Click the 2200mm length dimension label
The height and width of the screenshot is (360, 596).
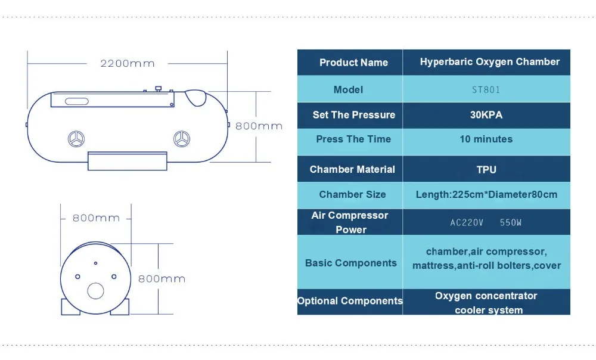(x=127, y=63)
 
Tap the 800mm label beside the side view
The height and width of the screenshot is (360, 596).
(x=259, y=126)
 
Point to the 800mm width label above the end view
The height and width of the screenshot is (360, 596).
(x=96, y=218)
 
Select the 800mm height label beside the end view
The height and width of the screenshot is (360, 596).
(x=162, y=278)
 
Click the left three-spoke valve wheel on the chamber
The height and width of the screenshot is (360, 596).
(x=76, y=139)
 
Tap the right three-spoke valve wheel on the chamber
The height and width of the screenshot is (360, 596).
(x=181, y=139)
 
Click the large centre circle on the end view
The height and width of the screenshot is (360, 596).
(x=95, y=291)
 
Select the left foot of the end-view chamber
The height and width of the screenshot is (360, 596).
(x=70, y=306)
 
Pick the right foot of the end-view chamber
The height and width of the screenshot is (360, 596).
(x=120, y=306)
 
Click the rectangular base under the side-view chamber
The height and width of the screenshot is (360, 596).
(x=127, y=160)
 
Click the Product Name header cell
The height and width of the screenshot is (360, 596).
(x=353, y=63)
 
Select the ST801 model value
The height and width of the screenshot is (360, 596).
(x=486, y=90)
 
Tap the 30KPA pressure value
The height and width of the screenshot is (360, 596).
(x=486, y=115)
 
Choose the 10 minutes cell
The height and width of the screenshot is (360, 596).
(x=486, y=139)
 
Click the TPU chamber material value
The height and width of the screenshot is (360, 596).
(x=486, y=170)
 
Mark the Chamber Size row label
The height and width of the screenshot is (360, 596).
(x=352, y=194)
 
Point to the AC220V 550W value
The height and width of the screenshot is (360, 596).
(x=486, y=223)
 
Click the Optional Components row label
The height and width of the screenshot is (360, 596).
(x=350, y=301)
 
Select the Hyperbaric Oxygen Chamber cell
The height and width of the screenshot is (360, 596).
(x=489, y=62)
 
